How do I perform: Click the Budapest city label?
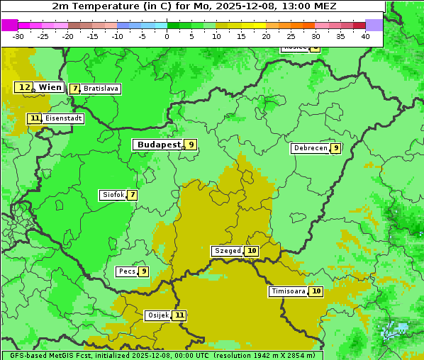[159, 145]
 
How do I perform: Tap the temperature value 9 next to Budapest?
[191, 145]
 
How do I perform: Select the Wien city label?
[50, 87]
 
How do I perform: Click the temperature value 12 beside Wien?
[24, 87]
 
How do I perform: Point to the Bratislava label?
[101, 89]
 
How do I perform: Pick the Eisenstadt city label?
[63, 118]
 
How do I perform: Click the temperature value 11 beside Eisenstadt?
[35, 118]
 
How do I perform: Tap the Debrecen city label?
[310, 148]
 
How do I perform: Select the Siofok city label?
[112, 195]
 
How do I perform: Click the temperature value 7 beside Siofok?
[132, 195]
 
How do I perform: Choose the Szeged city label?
[228, 251]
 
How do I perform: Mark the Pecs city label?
[127, 271]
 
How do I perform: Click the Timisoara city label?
[289, 291]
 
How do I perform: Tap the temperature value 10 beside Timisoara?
[316, 291]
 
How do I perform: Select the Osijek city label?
[157, 315]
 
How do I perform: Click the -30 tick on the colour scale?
[18, 36]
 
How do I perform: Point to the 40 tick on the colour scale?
[365, 36]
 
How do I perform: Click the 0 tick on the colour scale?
[167, 36]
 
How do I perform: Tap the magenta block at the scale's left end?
[9, 25]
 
